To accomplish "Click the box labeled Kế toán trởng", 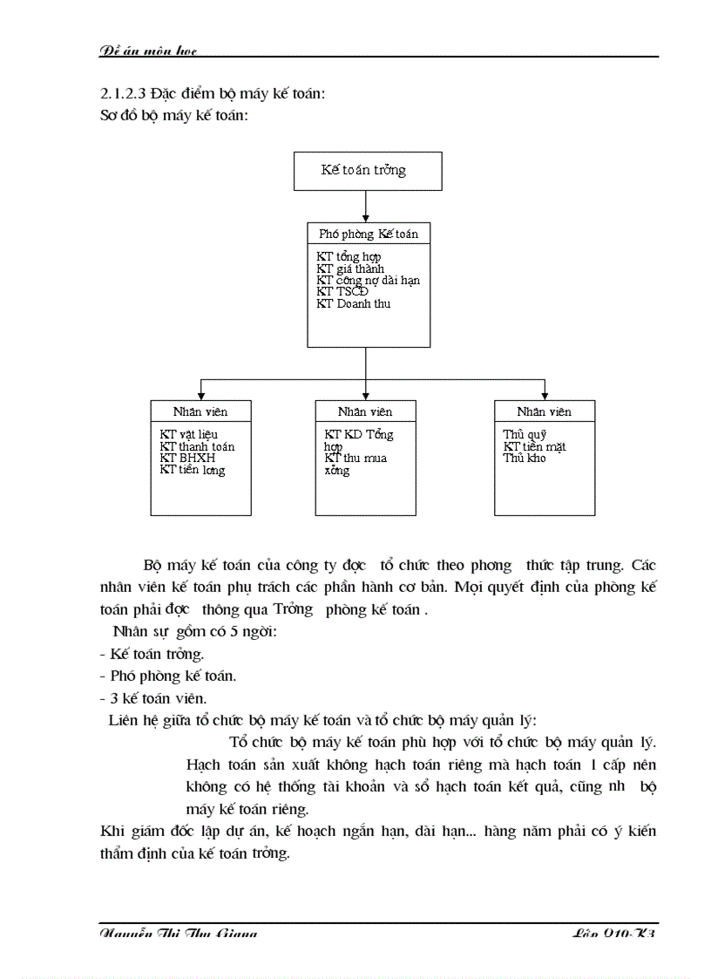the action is click(368, 171).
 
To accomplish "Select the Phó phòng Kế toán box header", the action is click(368, 234).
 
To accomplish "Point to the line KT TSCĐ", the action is click(342, 292).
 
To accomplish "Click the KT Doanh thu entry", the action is click(354, 303).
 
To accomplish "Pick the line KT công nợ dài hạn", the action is click(368, 281).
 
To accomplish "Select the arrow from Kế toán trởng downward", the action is click(367, 206).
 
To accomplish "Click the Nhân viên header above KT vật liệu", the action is click(200, 411).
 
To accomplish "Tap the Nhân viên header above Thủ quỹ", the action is click(544, 411).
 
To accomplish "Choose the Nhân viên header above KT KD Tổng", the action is click(365, 411).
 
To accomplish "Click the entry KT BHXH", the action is click(187, 458).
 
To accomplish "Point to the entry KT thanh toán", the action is click(197, 446).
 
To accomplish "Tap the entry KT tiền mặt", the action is click(534, 446).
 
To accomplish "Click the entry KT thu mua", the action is click(355, 458).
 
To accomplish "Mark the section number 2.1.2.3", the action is click(127, 94).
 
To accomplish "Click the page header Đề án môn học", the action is click(149, 51).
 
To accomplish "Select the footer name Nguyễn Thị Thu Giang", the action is click(179, 934).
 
